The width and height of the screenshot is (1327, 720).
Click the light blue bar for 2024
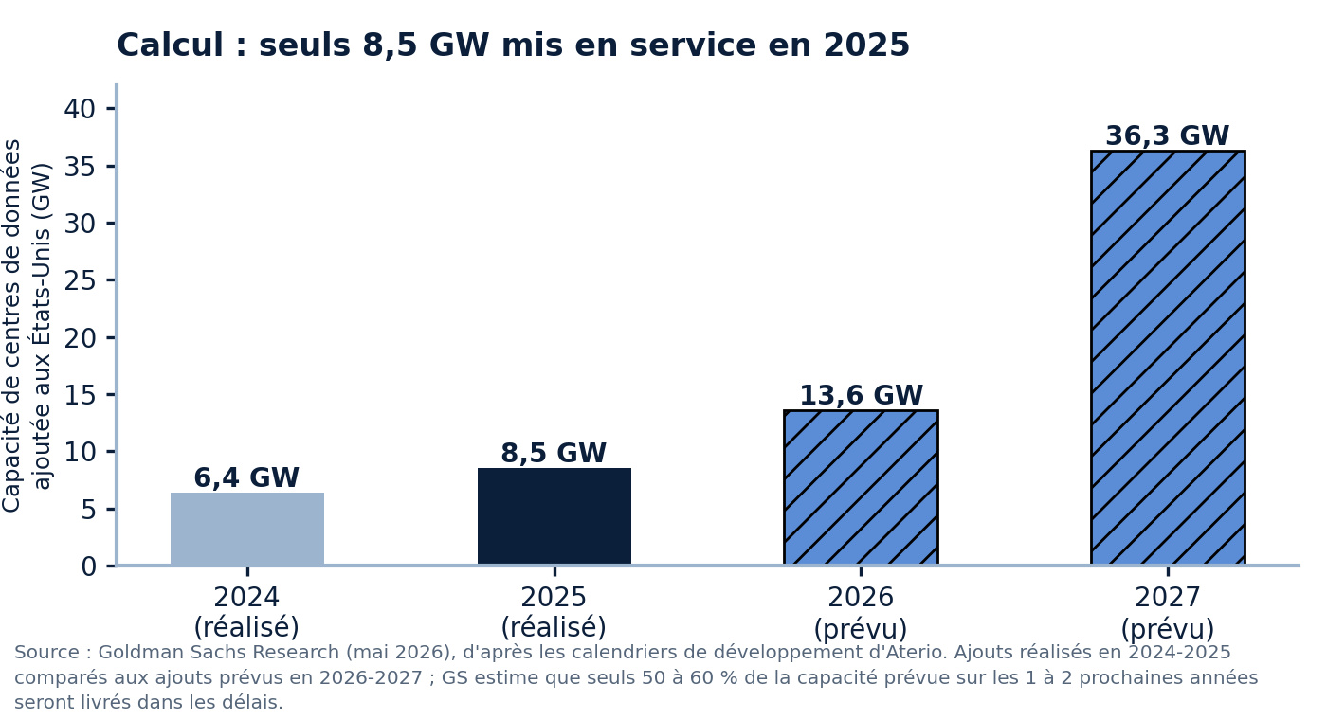(x=247, y=529)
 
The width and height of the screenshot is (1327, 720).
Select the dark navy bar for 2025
(x=554, y=516)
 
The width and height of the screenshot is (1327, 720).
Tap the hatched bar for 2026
(x=861, y=487)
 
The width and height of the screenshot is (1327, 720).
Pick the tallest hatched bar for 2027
(x=1168, y=358)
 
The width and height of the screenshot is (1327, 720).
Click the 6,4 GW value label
(x=246, y=477)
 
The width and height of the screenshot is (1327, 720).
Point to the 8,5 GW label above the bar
(x=554, y=453)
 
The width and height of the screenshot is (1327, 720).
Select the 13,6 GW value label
(x=862, y=395)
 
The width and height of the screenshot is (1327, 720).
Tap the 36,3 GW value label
(x=1168, y=135)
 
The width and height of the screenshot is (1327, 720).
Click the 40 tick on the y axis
(x=80, y=109)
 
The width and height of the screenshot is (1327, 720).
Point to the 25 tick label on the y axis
(x=80, y=280)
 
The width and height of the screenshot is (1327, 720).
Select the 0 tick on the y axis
(x=88, y=567)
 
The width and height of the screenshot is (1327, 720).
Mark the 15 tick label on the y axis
(x=80, y=395)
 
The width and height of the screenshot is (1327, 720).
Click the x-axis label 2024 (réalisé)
(x=246, y=612)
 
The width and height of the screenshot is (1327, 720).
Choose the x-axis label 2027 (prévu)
(x=1168, y=614)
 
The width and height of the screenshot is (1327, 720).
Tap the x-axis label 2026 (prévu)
(x=861, y=614)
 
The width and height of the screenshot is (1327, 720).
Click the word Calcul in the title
(x=170, y=45)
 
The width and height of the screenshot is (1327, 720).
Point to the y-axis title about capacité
(x=27, y=326)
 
